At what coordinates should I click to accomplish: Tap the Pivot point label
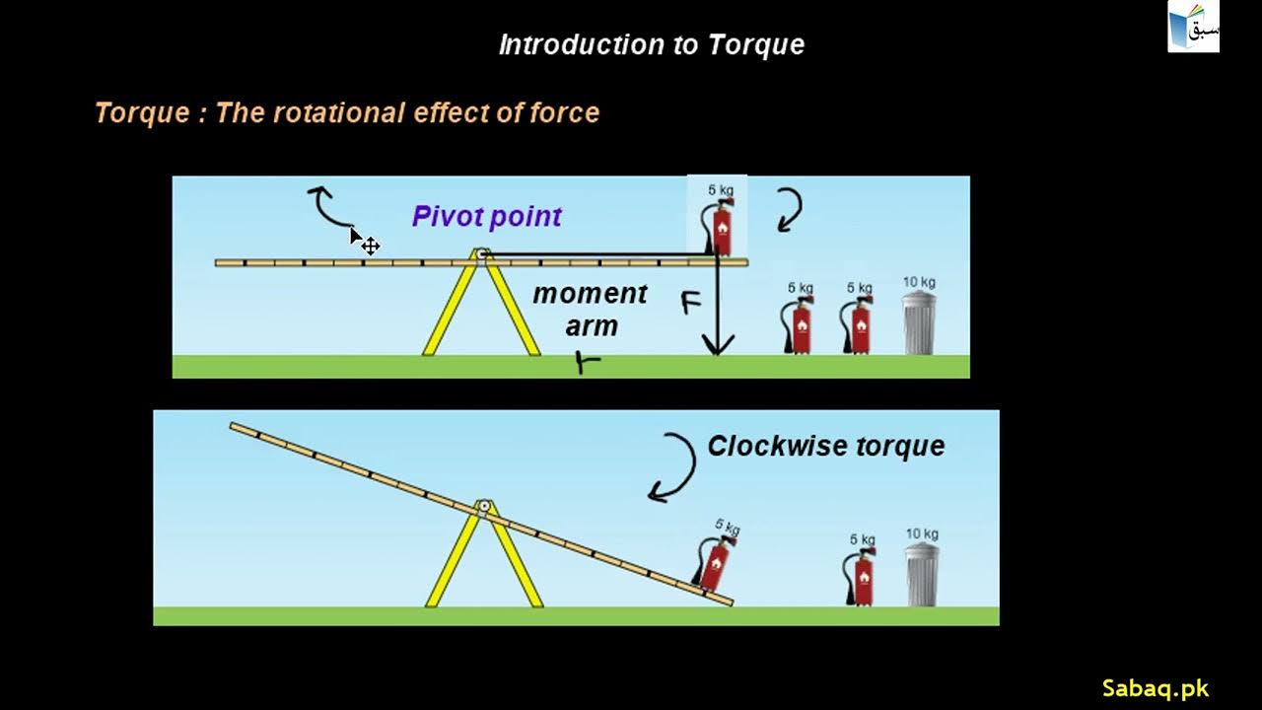click(487, 217)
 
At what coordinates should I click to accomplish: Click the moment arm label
click(591, 309)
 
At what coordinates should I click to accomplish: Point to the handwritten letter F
click(692, 303)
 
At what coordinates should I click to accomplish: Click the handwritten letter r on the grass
click(589, 363)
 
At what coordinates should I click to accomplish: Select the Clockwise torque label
click(826, 446)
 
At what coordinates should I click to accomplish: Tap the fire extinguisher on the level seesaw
click(721, 228)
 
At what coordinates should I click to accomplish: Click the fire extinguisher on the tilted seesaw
click(715, 562)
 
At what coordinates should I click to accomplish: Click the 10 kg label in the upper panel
click(919, 283)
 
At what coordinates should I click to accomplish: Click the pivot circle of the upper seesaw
click(482, 254)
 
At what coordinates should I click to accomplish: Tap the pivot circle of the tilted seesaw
click(483, 507)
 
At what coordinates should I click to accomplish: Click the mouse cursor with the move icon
click(365, 242)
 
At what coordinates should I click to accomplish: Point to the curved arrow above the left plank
click(327, 205)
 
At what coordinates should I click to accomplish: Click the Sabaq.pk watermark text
click(1155, 688)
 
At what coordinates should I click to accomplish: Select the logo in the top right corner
click(1193, 28)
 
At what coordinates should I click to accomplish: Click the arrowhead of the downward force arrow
click(718, 345)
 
